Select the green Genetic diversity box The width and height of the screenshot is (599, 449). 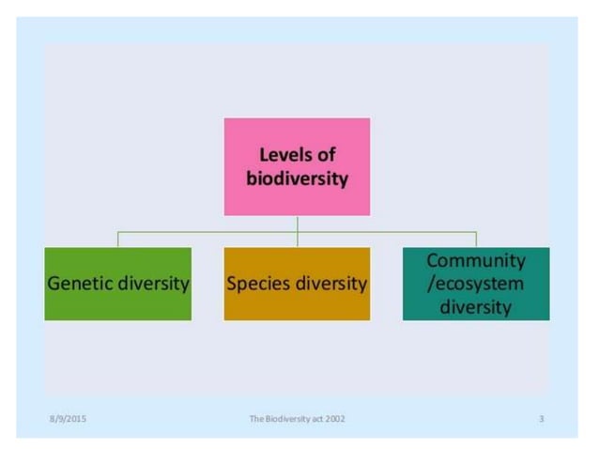(117, 283)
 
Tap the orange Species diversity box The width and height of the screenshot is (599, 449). (297, 283)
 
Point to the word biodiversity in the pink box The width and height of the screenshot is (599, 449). (297, 178)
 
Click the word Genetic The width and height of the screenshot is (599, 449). (80, 283)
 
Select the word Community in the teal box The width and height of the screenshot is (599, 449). (476, 260)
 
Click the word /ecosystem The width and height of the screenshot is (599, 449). (476, 284)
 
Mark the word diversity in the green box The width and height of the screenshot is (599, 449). (153, 283)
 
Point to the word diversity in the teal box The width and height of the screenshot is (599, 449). (476, 307)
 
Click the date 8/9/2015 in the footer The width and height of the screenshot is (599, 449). (68, 418)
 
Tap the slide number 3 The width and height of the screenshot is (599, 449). (542, 418)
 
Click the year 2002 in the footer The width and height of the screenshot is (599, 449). (333, 418)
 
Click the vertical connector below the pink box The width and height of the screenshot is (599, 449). (297, 223)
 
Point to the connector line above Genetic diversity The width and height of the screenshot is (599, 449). (117, 239)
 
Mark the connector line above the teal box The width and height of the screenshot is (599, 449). (476, 239)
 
